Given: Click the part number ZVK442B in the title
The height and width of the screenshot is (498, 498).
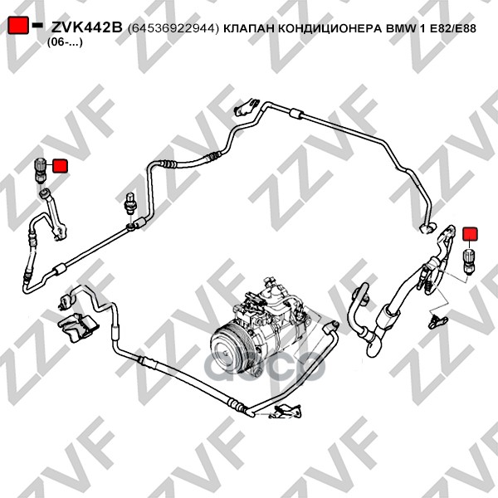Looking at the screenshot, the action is click(x=86, y=28).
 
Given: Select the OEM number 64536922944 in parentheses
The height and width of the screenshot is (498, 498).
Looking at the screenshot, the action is click(x=173, y=28).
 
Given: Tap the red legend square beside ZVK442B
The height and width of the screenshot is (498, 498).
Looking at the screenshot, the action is click(x=17, y=25).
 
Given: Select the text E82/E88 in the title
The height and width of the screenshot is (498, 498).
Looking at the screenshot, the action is click(x=453, y=28).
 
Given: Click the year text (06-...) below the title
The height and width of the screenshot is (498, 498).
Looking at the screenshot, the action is click(x=65, y=42).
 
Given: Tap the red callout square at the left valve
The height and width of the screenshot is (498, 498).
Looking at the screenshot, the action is click(x=60, y=166).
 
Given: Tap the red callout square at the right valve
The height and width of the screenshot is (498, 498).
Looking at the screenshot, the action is click(x=470, y=234).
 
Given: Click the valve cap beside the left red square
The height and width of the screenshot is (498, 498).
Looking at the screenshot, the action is click(x=40, y=170).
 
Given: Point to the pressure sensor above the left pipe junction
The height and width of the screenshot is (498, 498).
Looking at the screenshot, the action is click(x=130, y=203).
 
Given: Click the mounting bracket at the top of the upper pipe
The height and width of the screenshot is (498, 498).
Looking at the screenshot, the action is click(x=247, y=107).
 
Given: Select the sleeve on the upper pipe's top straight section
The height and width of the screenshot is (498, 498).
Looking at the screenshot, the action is click(x=296, y=114).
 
